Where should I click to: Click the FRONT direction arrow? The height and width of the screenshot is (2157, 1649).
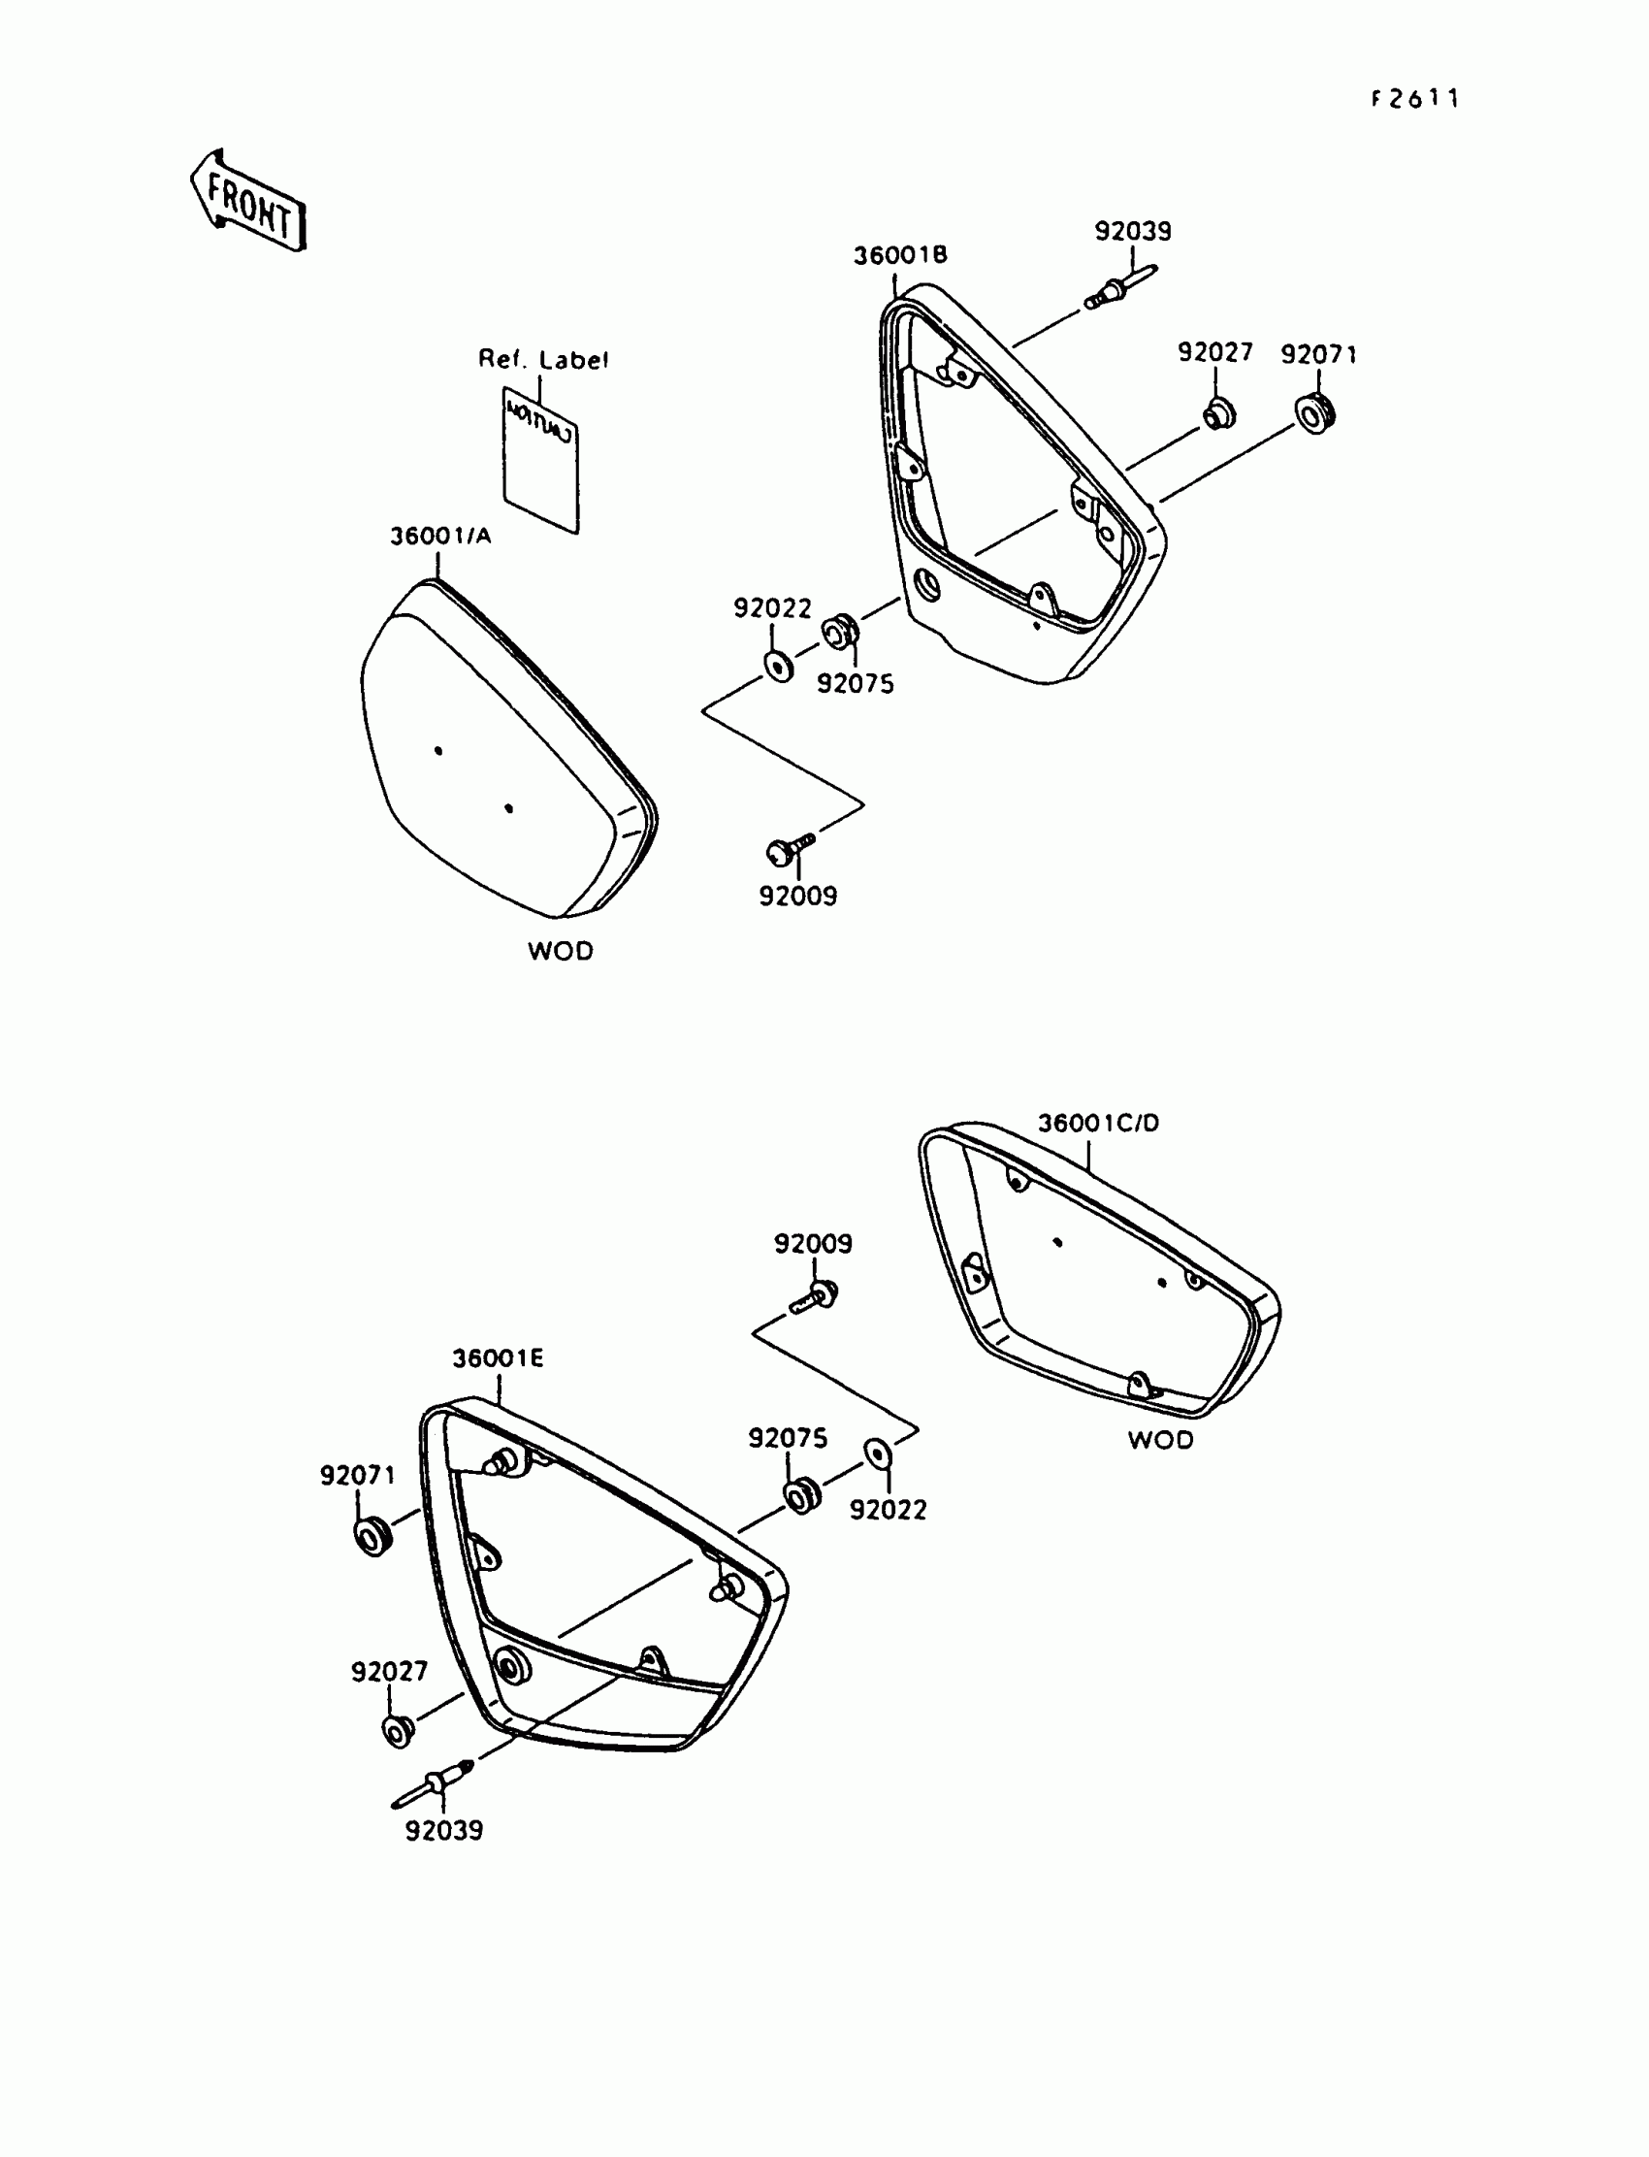pyautogui.click(x=247, y=200)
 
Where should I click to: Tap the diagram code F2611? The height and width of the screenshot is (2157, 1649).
pyautogui.click(x=1415, y=98)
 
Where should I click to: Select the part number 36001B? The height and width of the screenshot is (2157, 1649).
pyautogui.click(x=899, y=255)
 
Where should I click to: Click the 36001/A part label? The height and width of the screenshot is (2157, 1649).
pyautogui.click(x=440, y=536)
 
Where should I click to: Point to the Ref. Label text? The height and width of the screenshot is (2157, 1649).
pyautogui.click(x=543, y=359)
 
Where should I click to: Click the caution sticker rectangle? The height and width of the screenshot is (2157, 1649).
pyautogui.click(x=541, y=459)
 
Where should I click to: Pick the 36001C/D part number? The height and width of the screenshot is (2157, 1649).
pyautogui.click(x=1098, y=1123)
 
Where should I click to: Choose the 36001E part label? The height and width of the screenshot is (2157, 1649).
pyautogui.click(x=498, y=1357)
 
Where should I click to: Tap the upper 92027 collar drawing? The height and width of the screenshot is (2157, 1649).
pyautogui.click(x=1218, y=413)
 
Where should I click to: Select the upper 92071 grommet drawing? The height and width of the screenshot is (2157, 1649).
pyautogui.click(x=1314, y=410)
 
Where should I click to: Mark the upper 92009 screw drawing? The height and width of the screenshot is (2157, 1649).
pyautogui.click(x=790, y=848)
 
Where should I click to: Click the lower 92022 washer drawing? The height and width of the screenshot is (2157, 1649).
pyautogui.click(x=877, y=1453)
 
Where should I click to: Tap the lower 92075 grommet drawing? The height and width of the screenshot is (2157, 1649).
pyautogui.click(x=802, y=1496)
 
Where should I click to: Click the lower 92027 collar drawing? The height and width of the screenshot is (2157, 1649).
pyautogui.click(x=397, y=1731)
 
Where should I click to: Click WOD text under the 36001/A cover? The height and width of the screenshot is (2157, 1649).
pyautogui.click(x=561, y=950)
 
